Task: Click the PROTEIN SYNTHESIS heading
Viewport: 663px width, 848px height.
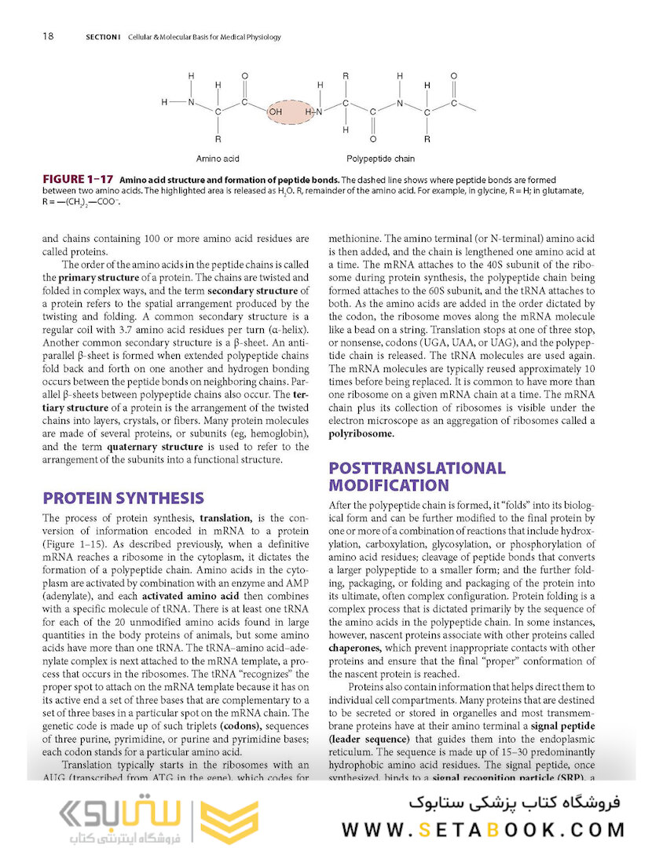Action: (123, 498)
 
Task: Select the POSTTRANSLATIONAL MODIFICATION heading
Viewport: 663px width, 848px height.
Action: (416, 477)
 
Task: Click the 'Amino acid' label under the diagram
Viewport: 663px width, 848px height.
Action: (218, 159)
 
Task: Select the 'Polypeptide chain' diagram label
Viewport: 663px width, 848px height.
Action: (380, 159)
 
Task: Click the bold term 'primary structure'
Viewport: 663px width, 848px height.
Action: (87, 277)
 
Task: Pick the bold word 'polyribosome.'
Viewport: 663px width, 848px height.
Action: (361, 433)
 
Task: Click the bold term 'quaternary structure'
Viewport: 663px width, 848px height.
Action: (154, 446)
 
